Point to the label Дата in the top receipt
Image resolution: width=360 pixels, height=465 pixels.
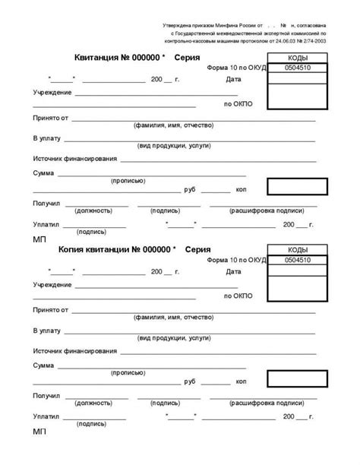pyautogui.click(x=234, y=80)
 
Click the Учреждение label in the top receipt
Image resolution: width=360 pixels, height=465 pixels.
pyautogui.click(x=52, y=92)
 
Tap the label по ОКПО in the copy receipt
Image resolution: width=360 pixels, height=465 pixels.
pyautogui.click(x=238, y=295)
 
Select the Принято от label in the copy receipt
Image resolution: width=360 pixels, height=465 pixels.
pyautogui.click(x=51, y=310)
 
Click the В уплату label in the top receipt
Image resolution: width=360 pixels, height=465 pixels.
pyautogui.click(x=47, y=139)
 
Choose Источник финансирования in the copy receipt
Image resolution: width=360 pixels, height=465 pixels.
pyautogui.click(x=75, y=351)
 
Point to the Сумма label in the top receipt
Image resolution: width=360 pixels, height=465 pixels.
pyautogui.click(x=43, y=173)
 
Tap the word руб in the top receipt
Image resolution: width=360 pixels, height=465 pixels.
pyautogui.click(x=190, y=188)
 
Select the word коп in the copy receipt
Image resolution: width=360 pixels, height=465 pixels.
pyautogui.click(x=241, y=381)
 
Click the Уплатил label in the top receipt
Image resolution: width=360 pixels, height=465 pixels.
pyautogui.click(x=46, y=225)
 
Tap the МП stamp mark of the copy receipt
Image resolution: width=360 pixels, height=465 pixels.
pyautogui.click(x=39, y=431)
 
